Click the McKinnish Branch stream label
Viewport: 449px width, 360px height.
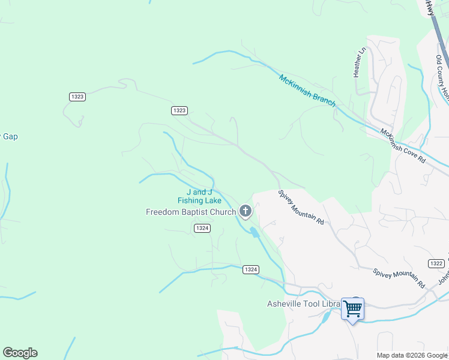pyautogui.click(x=307, y=90)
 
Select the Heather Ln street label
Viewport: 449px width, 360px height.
pyautogui.click(x=359, y=63)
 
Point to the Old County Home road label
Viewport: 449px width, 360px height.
pyautogui.click(x=442, y=78)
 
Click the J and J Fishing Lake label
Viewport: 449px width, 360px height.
pyautogui.click(x=199, y=197)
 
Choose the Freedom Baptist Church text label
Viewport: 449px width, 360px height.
pyautogui.click(x=191, y=212)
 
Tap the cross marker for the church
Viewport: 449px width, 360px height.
pyautogui.click(x=245, y=211)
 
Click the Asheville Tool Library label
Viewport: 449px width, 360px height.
pyautogui.click(x=303, y=304)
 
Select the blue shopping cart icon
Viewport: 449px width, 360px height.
pyautogui.click(x=352, y=308)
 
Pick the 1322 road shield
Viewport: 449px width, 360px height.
pyautogui.click(x=436, y=263)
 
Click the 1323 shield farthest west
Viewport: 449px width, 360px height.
pyautogui.click(x=77, y=96)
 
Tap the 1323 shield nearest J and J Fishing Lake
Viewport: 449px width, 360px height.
pyautogui.click(x=179, y=110)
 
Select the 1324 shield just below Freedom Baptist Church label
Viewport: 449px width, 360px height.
pyautogui.click(x=202, y=228)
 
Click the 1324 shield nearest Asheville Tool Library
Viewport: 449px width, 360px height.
pyautogui.click(x=251, y=270)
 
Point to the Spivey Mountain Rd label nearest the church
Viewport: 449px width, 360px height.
pyautogui.click(x=301, y=208)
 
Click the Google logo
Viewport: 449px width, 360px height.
pyautogui.click(x=20, y=353)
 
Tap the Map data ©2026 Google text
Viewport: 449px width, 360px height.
pyautogui.click(x=412, y=355)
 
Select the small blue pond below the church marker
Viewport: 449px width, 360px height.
pyautogui.click(x=254, y=232)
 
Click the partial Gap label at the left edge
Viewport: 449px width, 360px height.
pyautogui.click(x=9, y=136)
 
